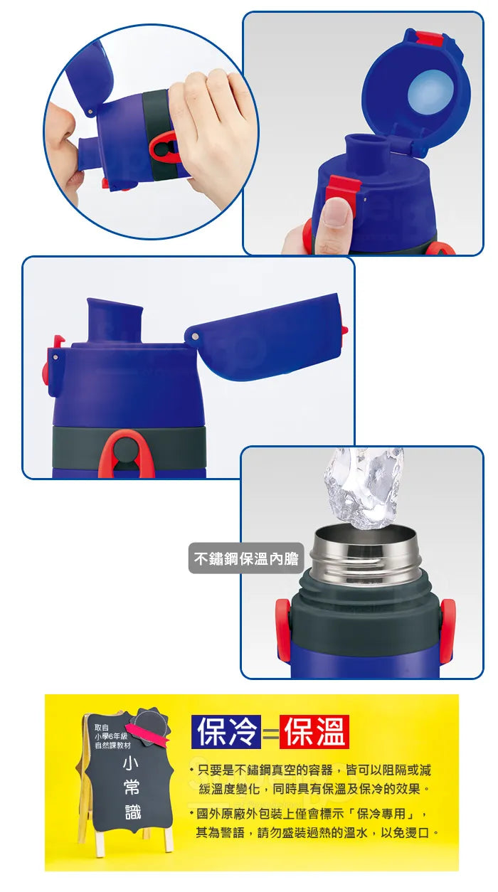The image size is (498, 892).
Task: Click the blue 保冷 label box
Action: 226,732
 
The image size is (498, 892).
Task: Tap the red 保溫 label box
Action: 314,732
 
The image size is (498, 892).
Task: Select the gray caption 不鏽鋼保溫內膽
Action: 246,558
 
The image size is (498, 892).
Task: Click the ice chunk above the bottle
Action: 364,487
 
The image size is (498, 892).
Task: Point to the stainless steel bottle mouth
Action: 366,553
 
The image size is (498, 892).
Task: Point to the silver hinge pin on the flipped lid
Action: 195,336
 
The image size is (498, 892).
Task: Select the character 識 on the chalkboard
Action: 132,812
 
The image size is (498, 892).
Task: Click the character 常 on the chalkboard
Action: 132,787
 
